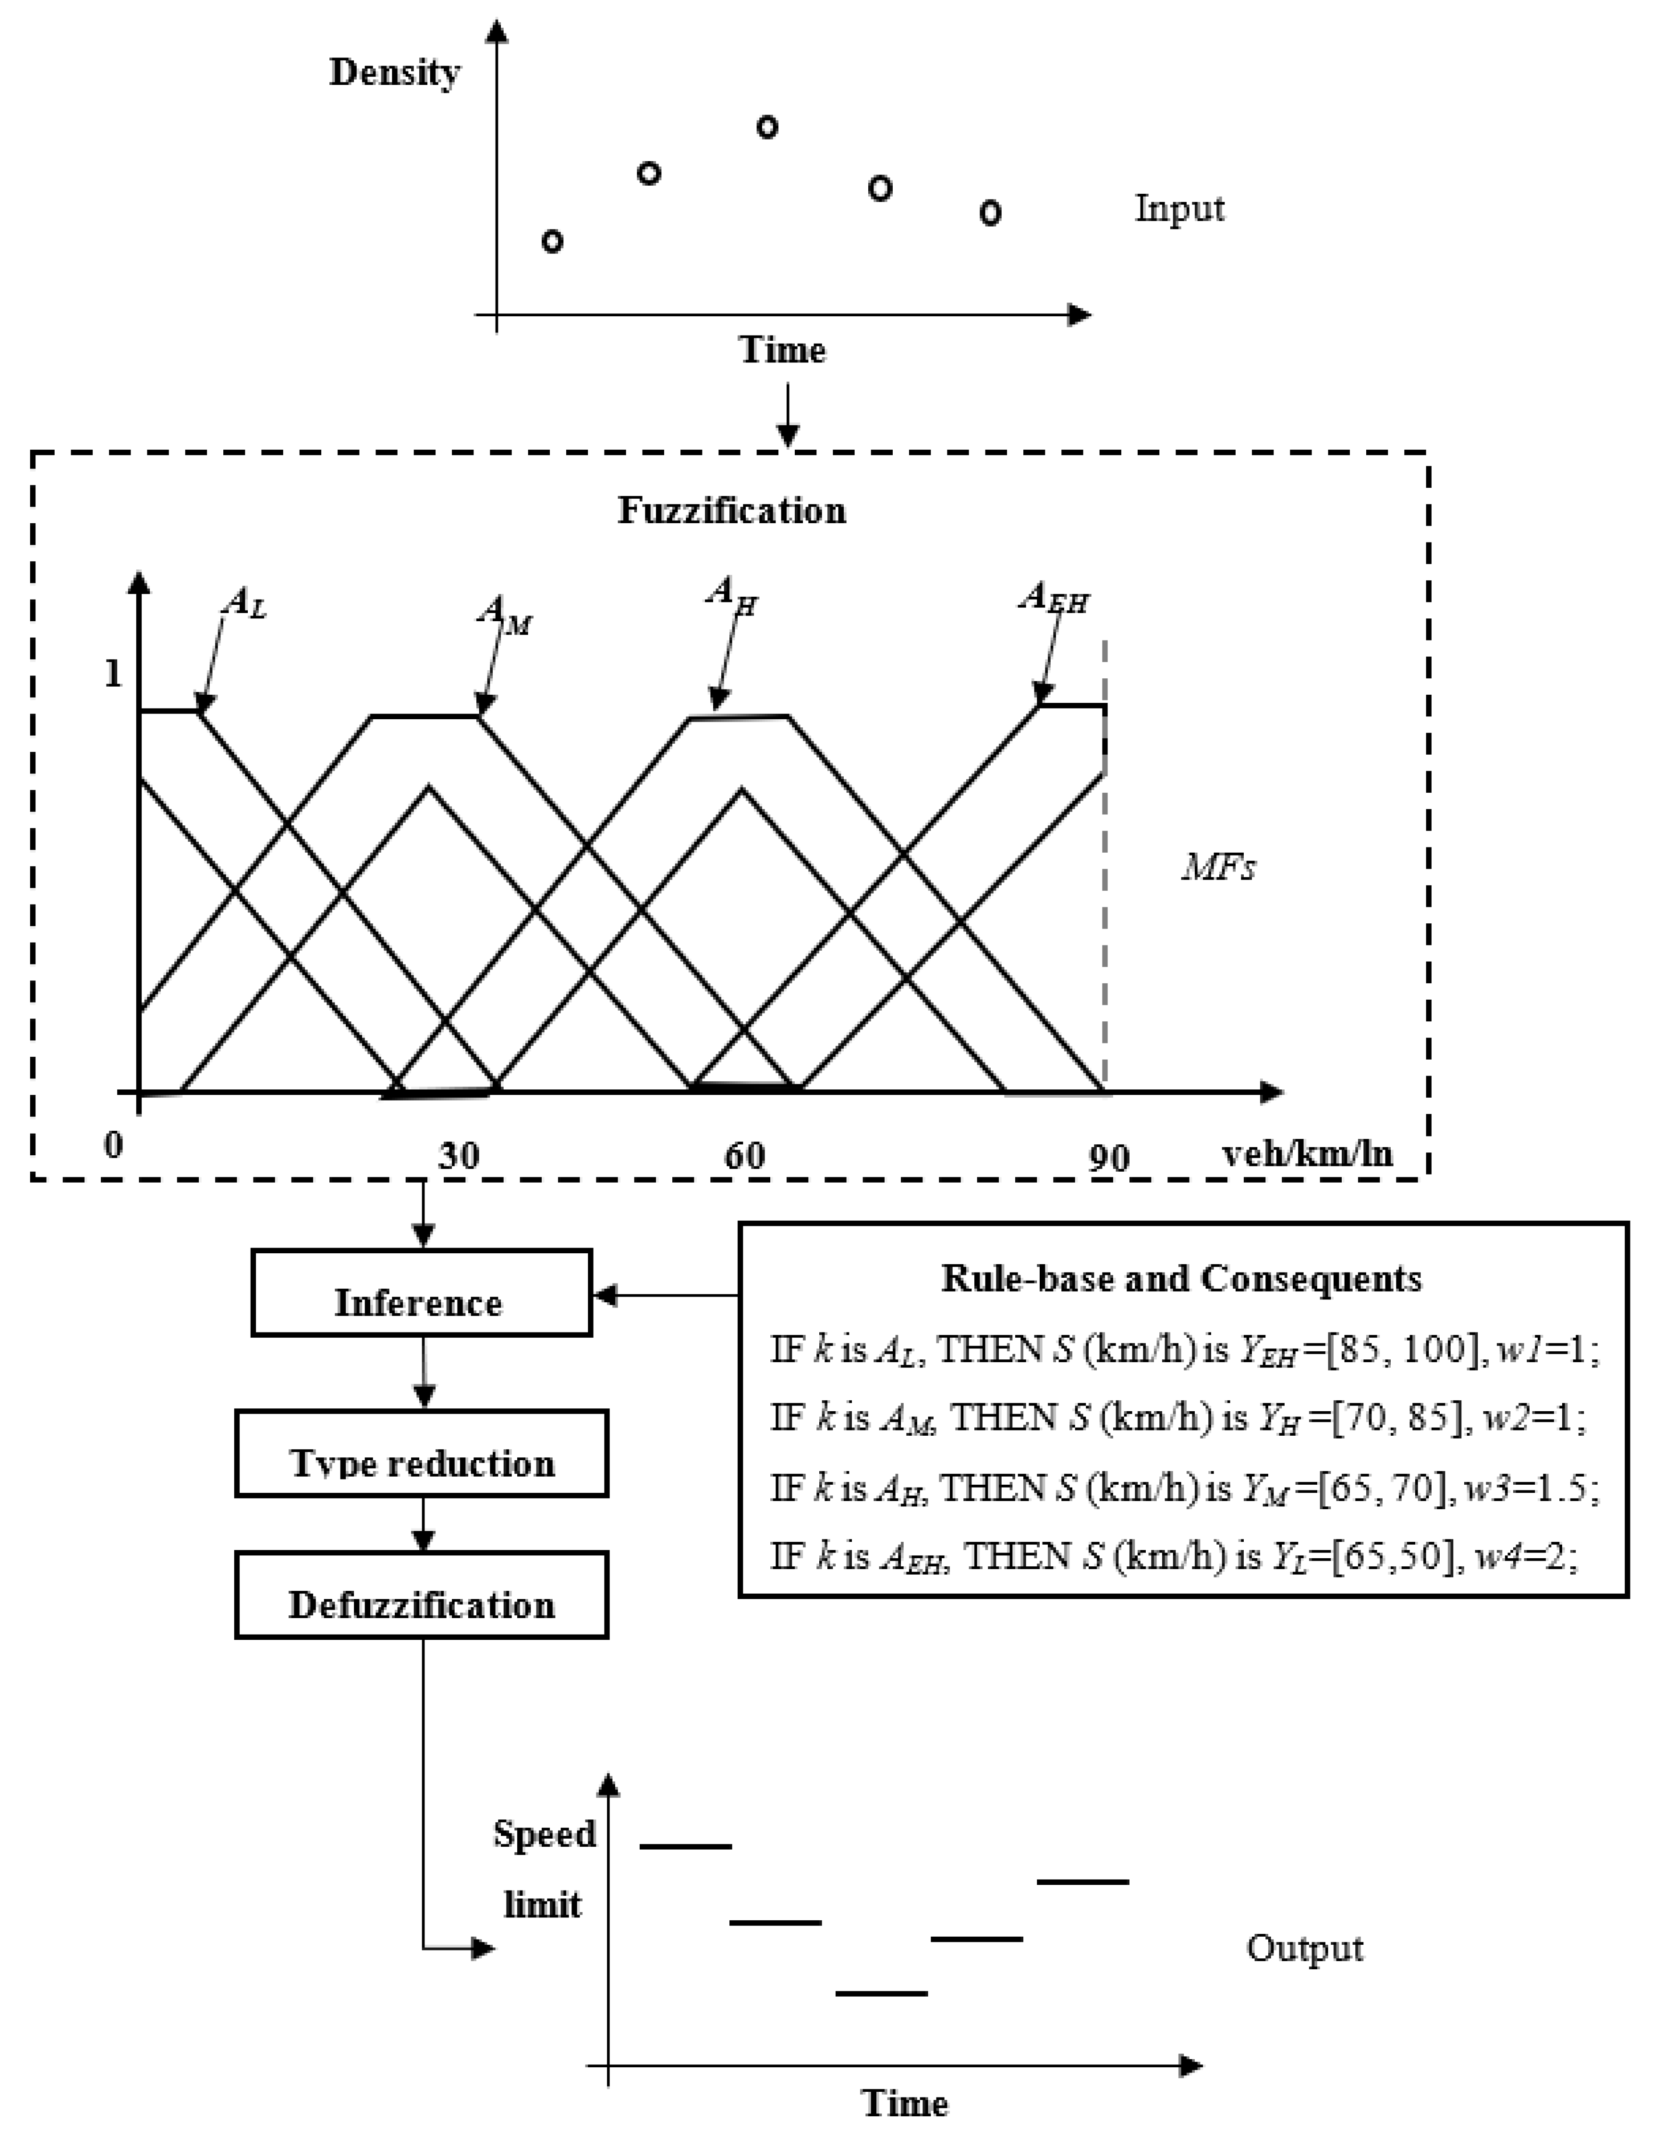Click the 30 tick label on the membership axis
point(459,1156)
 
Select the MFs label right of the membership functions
point(1218,867)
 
